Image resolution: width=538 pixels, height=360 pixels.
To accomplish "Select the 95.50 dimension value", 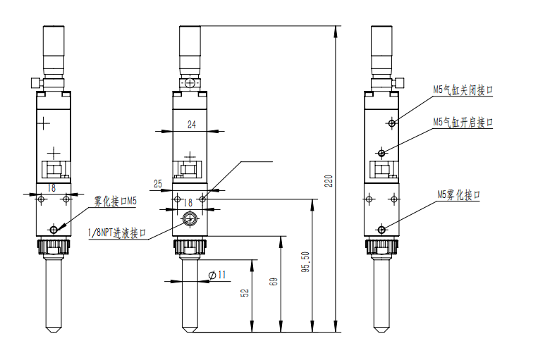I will (x=305, y=262).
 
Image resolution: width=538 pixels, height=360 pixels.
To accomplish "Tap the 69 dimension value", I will (x=274, y=281).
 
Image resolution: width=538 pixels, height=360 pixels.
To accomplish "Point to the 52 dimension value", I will (x=245, y=293).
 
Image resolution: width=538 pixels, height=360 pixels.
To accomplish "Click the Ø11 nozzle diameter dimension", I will (x=218, y=275).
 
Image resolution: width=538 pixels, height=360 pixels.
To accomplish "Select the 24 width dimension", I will (x=192, y=125).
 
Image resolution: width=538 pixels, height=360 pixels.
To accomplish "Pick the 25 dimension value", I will (x=158, y=184).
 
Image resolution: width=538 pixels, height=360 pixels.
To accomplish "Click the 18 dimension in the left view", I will (x=51, y=187).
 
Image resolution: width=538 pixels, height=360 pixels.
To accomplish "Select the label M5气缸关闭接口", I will (x=463, y=90).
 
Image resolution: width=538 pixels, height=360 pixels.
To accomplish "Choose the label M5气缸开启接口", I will (x=463, y=122).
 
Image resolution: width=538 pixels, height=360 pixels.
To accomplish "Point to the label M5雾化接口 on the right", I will (x=458, y=194).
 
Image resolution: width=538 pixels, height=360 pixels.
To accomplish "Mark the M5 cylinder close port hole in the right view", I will (x=391, y=123).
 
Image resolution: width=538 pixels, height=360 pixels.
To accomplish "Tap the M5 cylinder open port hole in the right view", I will (x=381, y=152).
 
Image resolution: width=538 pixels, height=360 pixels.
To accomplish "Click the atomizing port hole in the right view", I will (x=381, y=229).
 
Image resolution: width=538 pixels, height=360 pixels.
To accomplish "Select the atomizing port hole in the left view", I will (x=54, y=229).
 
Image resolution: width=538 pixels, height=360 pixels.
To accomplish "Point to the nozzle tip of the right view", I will (x=381, y=328).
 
